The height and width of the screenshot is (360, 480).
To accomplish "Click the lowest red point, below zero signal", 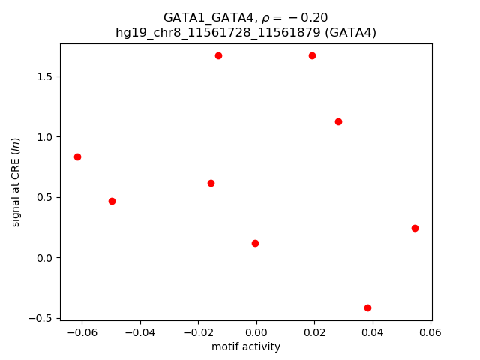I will point(367,307).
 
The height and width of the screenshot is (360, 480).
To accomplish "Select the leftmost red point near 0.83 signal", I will point(77,157).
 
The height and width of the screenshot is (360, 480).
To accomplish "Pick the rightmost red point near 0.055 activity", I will point(415,228).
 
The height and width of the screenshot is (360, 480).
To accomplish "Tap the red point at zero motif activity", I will point(255,243).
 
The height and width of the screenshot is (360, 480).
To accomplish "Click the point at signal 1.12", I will point(338,121).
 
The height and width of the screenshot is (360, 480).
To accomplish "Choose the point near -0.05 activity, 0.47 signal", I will point(112,201).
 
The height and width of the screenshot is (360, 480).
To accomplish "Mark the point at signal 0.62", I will point(211,183).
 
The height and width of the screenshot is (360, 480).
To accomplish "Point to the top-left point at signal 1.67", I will point(218,55).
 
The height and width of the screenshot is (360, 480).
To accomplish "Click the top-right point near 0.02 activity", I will point(312,55).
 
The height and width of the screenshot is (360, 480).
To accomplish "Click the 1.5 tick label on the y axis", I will point(44,77).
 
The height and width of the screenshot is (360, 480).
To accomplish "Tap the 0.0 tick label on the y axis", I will point(44,258).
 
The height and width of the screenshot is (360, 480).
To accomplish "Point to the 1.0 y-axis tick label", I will point(44,137).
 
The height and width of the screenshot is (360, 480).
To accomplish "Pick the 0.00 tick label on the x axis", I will point(256,332).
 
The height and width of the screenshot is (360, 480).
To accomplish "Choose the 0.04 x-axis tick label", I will point(373,332).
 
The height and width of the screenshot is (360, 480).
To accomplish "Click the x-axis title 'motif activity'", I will point(246,346).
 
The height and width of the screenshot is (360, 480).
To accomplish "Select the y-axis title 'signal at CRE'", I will point(16,182).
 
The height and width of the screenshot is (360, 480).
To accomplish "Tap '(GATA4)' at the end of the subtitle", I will point(352,32).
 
